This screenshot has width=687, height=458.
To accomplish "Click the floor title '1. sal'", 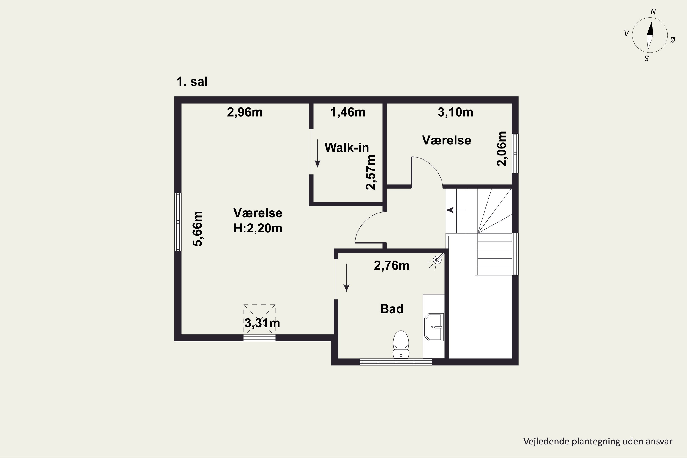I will [x=192, y=82].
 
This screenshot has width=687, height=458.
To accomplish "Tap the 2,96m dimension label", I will [x=245, y=112].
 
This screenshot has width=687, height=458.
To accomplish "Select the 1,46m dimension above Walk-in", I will [x=348, y=112].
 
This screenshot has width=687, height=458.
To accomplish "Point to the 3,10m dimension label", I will [x=455, y=112].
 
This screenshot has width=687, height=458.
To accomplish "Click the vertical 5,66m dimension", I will [x=198, y=229].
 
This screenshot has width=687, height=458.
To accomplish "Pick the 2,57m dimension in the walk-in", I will [x=371, y=172].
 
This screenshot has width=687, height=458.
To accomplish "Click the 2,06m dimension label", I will [x=502, y=149].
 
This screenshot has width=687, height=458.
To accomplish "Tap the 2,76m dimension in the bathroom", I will [x=392, y=265].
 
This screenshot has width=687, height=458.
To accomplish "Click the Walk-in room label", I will [x=347, y=147].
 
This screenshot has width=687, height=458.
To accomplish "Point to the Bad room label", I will [x=392, y=309].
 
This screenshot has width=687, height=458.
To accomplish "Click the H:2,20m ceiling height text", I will [x=258, y=228].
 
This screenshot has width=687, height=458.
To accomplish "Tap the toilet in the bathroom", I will [x=401, y=344].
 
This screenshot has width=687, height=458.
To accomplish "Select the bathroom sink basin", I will [x=434, y=327].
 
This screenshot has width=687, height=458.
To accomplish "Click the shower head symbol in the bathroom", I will [x=437, y=260].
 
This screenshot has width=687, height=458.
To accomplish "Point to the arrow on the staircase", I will [x=456, y=210].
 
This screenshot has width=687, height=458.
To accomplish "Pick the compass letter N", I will [x=653, y=12].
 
